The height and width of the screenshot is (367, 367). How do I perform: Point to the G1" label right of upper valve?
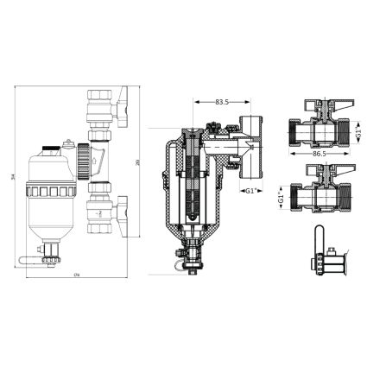point(357,133)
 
